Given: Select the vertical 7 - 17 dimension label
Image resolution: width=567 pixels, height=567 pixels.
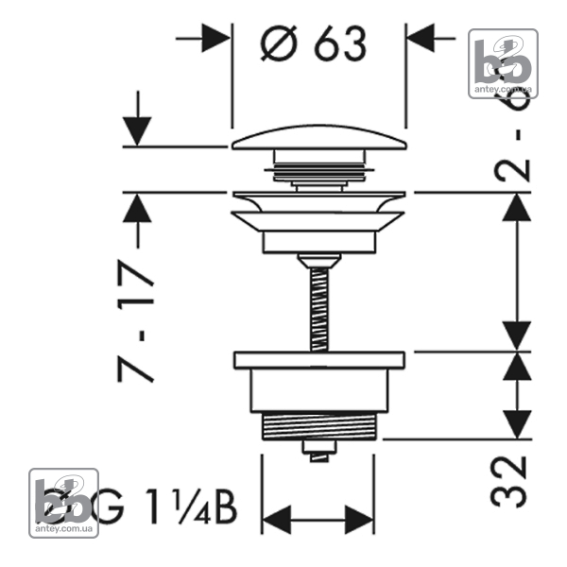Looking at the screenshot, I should click(134, 318).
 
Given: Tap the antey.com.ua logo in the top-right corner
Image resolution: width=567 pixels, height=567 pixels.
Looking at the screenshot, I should click(504, 63).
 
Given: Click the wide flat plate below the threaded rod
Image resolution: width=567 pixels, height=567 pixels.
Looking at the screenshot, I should click(318, 359).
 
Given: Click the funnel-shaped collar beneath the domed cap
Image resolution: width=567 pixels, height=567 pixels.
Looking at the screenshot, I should click(318, 213).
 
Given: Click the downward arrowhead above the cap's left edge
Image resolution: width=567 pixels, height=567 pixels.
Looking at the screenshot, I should click(138, 130).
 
